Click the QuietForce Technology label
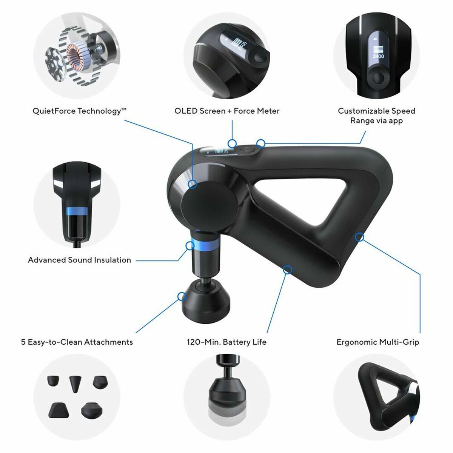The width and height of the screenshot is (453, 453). coord(79,111)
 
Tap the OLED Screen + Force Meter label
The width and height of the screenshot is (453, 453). coord(227,111)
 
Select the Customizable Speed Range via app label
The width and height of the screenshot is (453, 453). coord(376,116)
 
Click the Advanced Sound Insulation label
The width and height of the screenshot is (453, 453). coord(79,260)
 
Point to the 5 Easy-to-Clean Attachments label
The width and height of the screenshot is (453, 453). coord(77,342)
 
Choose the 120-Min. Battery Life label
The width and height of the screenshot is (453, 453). coord(226,342)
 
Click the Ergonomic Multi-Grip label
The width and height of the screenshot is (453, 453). coord(377,342)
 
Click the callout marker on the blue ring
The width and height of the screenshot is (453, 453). coord(190,246)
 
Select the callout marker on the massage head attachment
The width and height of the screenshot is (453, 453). coord(182,296)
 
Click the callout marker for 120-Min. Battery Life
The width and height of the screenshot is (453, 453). coord(288,269)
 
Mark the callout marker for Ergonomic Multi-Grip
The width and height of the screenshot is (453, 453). coord(360,237)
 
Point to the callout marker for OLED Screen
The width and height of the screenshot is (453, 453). coord(233,143)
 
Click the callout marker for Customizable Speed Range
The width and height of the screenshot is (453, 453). coord(260,143)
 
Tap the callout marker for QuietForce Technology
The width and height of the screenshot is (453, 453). coord(193,184)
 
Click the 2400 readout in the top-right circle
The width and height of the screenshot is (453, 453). coord(378,56)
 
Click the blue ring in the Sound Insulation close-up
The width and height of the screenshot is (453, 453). coord(77,211)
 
